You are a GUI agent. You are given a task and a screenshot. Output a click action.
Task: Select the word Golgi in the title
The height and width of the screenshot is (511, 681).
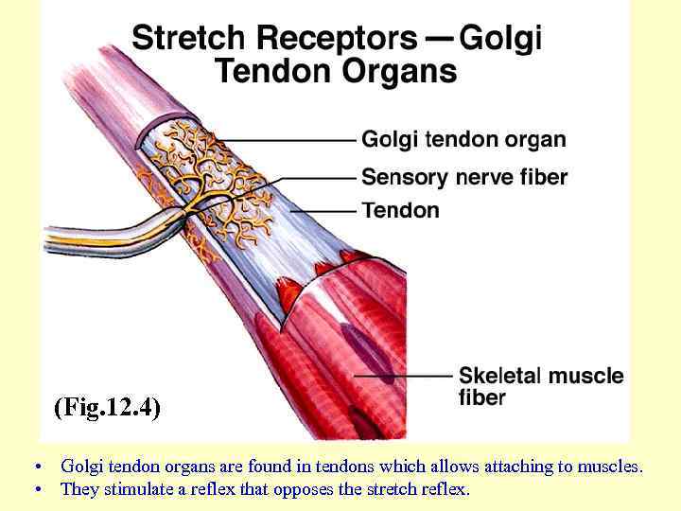coord(500,39)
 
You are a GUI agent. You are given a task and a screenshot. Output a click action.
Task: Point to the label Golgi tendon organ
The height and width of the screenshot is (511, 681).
coord(463,140)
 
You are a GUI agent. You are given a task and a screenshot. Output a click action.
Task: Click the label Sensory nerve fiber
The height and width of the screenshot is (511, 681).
coord(464,177)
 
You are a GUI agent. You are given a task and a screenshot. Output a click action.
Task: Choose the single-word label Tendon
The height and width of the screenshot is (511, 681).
coord(401,210)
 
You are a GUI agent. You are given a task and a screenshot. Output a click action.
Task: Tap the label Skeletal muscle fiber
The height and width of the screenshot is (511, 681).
coord(540,386)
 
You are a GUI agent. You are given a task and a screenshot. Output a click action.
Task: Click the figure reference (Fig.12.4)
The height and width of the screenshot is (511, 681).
coord(107,408)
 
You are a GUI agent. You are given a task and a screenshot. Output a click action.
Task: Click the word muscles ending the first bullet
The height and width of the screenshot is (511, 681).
coord(611,466)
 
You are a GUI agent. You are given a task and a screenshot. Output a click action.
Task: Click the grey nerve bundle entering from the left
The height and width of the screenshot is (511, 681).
coord(95,237)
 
